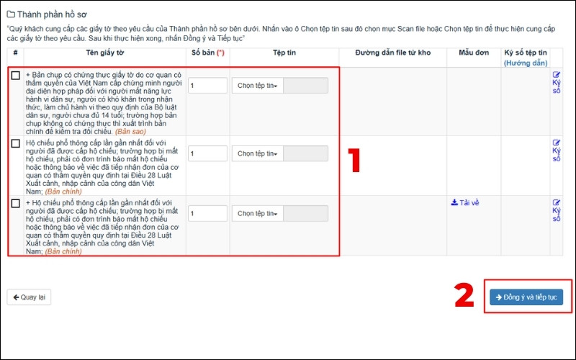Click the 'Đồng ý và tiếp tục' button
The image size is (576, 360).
pos(526,297)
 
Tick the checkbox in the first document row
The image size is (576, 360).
pos(15,76)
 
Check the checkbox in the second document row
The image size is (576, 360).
pos(15,143)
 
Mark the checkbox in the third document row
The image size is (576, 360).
pos(15,203)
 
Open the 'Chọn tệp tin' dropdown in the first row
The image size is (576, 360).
pos(258,86)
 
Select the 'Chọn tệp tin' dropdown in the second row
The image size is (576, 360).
pos(258,153)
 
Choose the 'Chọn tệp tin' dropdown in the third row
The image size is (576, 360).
pos(258,213)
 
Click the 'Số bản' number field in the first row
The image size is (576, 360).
pos(207,86)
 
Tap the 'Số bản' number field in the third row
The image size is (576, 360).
pos(207,213)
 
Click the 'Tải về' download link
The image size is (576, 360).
pos(465,203)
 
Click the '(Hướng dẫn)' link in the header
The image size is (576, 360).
pos(526,63)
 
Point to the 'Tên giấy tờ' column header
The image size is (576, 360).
pos(104,53)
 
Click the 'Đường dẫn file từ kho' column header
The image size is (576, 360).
pos(392,53)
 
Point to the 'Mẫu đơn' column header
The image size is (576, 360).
pos(474,53)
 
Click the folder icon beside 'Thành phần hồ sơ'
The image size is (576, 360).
pos(11,14)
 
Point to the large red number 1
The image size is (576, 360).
pos(354,160)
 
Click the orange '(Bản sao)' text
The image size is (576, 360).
pos(130,132)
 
